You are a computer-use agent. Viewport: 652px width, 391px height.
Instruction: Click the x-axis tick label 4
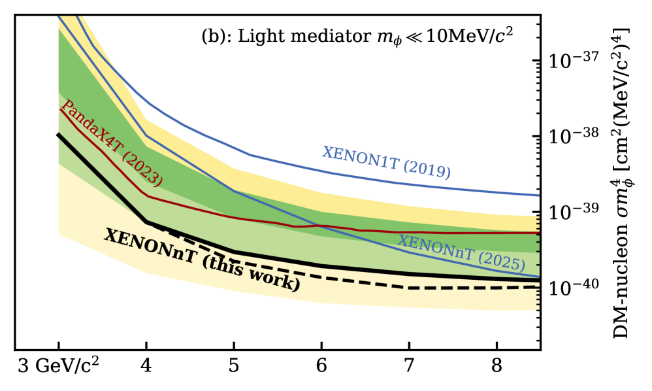(146, 365)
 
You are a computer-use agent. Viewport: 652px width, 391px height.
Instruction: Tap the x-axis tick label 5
(233, 365)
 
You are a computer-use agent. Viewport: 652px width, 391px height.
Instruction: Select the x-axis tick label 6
(321, 365)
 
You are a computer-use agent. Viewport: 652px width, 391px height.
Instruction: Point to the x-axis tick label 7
(409, 365)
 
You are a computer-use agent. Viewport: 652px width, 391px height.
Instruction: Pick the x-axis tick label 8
(497, 365)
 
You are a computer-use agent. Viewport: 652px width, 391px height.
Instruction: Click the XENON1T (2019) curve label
(385, 163)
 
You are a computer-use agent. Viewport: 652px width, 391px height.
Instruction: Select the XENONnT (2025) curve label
(461, 252)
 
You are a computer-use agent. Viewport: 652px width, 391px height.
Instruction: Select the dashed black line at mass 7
(409, 288)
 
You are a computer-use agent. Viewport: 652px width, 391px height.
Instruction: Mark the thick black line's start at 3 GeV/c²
(59, 134)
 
